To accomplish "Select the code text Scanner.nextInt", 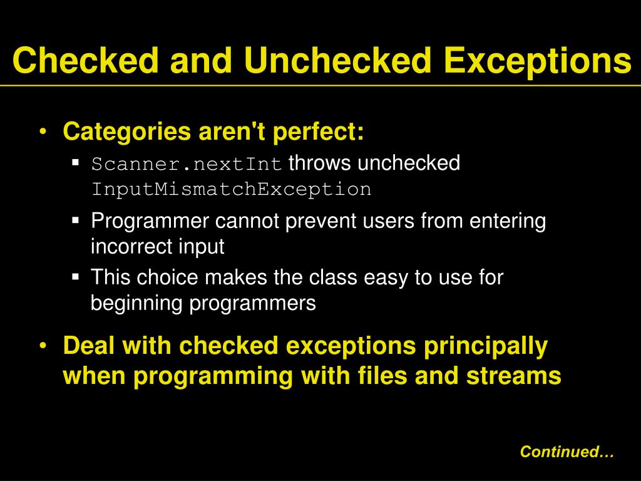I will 188,165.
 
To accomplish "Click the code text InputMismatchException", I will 231,189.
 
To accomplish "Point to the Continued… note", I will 567,452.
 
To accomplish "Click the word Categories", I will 127,132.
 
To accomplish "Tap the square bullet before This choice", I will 76,276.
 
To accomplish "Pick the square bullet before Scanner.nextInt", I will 76,163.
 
